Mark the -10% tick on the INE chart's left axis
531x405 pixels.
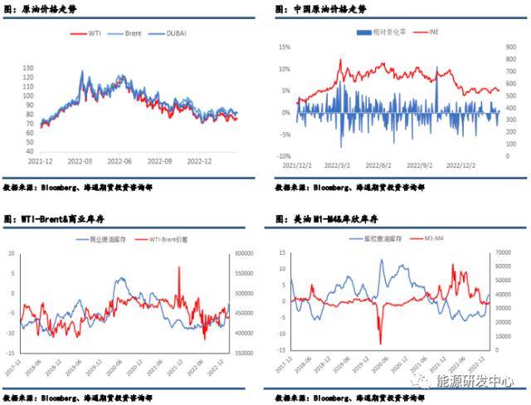coord(285,155)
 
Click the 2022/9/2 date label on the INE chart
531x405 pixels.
coord(423,166)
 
